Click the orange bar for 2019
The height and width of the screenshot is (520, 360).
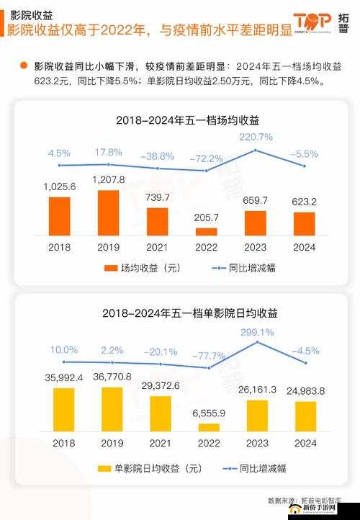(108, 212)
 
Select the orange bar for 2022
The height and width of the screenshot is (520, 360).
(207, 231)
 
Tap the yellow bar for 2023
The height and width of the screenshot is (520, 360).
(256, 415)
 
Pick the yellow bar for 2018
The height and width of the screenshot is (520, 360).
(63, 409)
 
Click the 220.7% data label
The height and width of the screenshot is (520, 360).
(256, 136)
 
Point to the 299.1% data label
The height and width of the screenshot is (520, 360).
(256, 333)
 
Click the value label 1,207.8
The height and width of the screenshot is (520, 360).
(109, 179)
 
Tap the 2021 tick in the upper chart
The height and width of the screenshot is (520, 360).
(157, 246)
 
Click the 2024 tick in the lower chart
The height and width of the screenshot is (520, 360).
(305, 443)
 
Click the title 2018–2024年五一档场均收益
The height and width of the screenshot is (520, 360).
(179, 120)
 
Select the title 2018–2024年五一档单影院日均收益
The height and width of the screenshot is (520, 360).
(179, 313)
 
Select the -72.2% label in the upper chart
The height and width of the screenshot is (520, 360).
(206, 158)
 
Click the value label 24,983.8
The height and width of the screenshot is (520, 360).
(305, 390)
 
